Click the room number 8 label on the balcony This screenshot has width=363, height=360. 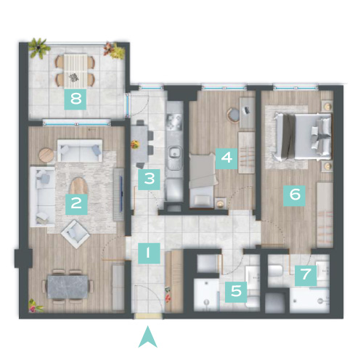pos(76,99)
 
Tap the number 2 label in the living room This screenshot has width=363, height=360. pos(76,204)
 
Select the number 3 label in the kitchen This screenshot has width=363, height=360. pos(149,179)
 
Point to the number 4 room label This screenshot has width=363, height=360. pos(227,158)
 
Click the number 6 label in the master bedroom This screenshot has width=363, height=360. pos(295,195)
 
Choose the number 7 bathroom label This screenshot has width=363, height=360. pos(306,275)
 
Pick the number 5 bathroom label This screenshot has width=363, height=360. pos(236,292)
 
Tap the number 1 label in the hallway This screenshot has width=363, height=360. pos(149,253)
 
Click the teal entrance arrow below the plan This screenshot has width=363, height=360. pos(148,337)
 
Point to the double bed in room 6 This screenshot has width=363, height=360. pos(303,137)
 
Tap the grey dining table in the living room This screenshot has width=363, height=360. pos(68,287)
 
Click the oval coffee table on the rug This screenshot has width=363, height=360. pos(78,186)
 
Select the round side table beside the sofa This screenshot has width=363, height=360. pos(46,155)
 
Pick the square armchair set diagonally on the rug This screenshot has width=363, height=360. pos(76,234)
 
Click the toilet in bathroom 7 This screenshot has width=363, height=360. pos(275,271)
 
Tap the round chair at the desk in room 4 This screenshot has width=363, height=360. pos(233,115)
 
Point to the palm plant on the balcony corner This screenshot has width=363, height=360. pos(38,49)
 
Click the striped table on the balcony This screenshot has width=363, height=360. pos(75,70)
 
